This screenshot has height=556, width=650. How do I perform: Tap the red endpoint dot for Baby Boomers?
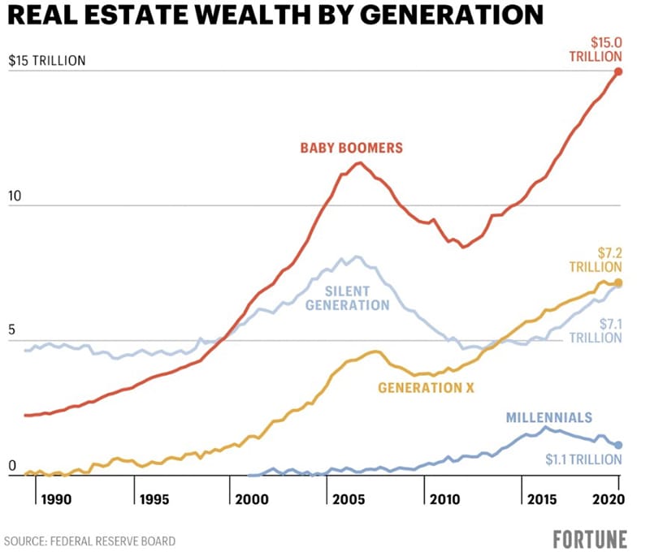618,71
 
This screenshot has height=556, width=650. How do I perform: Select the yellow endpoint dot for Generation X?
618,282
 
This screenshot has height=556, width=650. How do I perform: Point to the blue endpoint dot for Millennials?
618,445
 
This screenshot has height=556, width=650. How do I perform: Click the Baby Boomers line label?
352,149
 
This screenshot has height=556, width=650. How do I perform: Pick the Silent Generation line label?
348,298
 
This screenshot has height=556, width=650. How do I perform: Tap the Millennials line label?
548,417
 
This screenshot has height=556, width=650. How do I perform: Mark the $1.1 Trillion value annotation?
584,460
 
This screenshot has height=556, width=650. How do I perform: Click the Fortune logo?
590,539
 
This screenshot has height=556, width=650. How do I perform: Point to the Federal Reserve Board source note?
89,541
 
